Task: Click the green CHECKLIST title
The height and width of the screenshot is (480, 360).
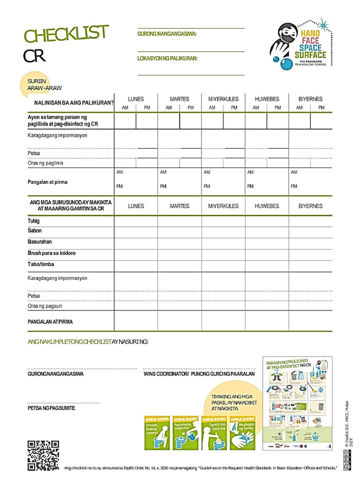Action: [x=66, y=34]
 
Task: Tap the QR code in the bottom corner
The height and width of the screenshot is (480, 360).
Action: [x=43, y=456]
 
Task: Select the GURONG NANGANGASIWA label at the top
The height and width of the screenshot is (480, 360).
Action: [x=167, y=34]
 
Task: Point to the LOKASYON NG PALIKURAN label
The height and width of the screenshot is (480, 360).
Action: [x=167, y=59]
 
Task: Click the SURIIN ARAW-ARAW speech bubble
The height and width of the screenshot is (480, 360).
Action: [x=42, y=84]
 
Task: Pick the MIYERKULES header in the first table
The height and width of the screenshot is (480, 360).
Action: [x=223, y=99]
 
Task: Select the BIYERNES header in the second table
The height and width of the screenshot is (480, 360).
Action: [x=310, y=206]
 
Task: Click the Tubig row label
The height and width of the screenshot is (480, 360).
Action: [x=34, y=221]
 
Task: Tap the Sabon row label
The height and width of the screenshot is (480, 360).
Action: [x=35, y=231]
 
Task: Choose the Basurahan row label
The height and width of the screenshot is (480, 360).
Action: [x=40, y=242]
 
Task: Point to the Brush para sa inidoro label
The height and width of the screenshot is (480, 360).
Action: [x=52, y=253]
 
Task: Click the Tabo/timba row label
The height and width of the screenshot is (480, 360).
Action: [x=41, y=264]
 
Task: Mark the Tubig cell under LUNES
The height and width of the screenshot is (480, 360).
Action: [x=136, y=221]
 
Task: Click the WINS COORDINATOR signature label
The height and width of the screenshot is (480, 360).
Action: [x=199, y=374]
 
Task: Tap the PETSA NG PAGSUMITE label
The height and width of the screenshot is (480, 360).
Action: [x=51, y=408]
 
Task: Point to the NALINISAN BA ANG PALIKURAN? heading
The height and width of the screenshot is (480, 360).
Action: [x=74, y=103]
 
